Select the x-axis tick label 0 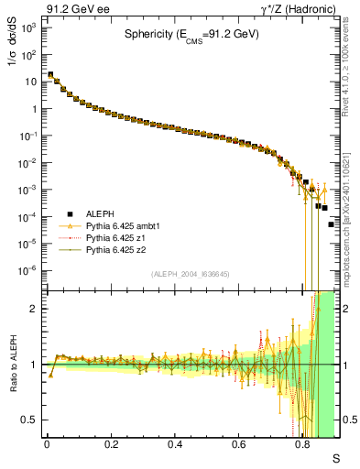coord(47,446)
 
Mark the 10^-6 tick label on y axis coord(28,270)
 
